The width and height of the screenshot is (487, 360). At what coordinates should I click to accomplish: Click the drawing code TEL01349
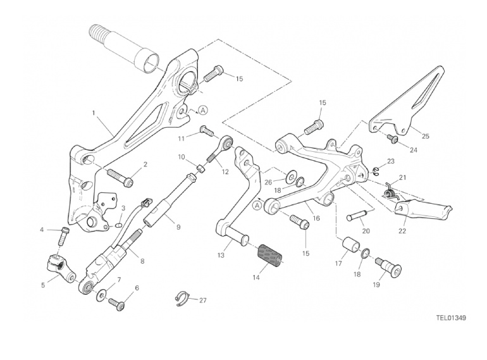(450, 318)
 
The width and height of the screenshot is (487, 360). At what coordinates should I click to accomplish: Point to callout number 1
(94, 114)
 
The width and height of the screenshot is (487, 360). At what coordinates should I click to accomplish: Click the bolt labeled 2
(120, 173)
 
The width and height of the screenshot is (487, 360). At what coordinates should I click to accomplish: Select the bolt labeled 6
(118, 304)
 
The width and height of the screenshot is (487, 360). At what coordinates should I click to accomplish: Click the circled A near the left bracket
(203, 109)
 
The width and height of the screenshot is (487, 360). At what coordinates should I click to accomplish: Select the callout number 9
(178, 227)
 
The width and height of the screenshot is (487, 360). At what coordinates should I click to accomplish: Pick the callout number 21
(403, 177)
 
